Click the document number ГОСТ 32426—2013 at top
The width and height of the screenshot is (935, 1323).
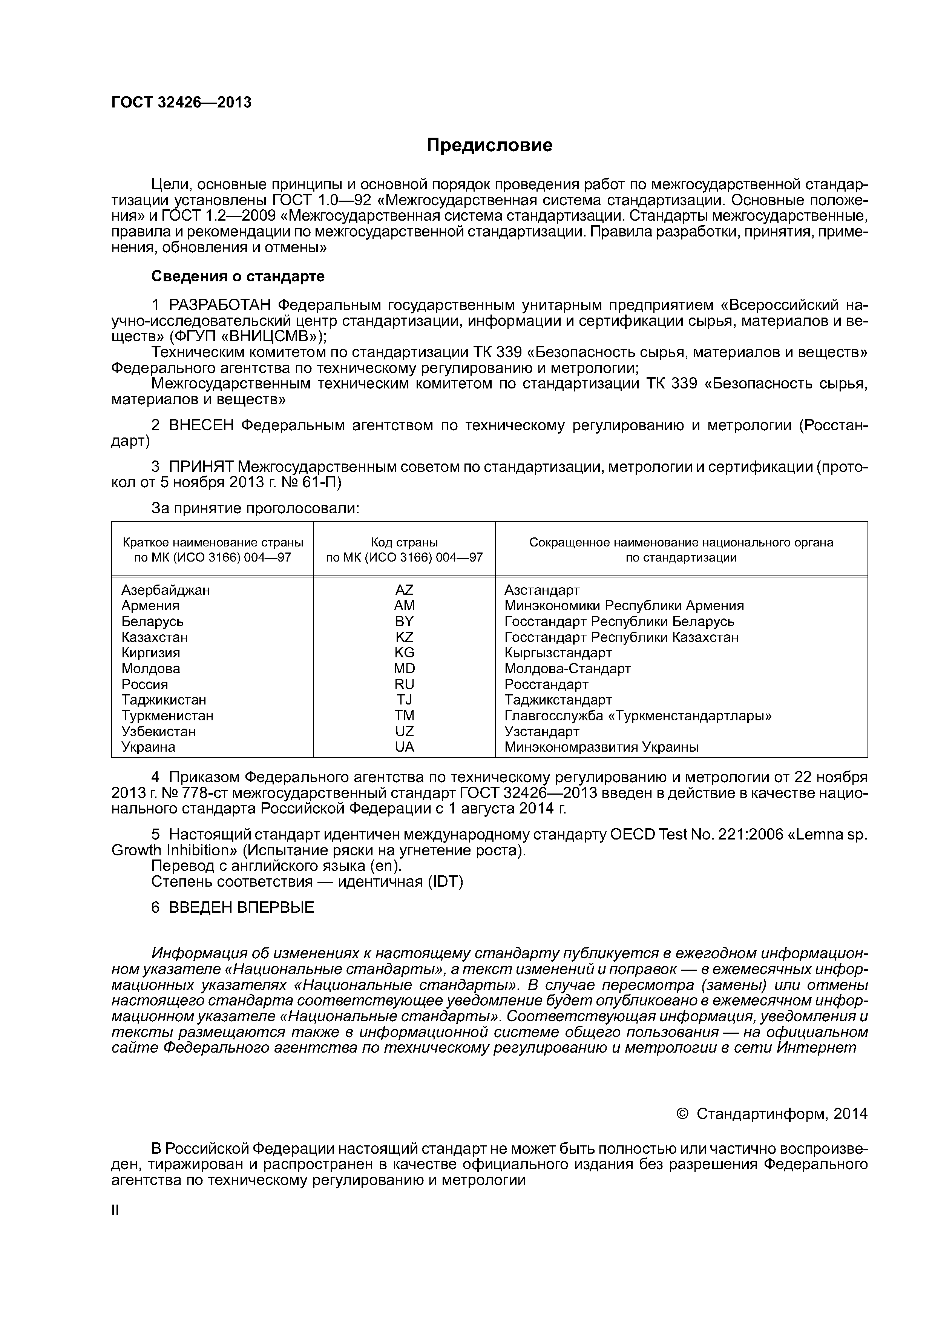[x=181, y=103]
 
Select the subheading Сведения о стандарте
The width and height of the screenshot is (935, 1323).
[x=238, y=276]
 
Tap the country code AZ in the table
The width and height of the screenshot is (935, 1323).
[x=405, y=590]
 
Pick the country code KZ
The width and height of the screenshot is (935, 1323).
[x=405, y=637]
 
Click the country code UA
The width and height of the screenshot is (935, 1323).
[x=405, y=747]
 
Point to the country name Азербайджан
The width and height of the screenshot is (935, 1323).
[x=166, y=590]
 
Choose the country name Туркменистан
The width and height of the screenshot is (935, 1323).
[x=168, y=716]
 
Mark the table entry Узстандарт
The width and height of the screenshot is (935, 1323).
[x=542, y=732]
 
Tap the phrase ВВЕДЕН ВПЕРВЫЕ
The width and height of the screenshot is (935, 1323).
[x=241, y=907]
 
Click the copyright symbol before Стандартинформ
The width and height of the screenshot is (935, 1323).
[x=683, y=1114]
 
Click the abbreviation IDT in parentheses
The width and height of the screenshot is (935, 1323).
[x=445, y=882]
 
